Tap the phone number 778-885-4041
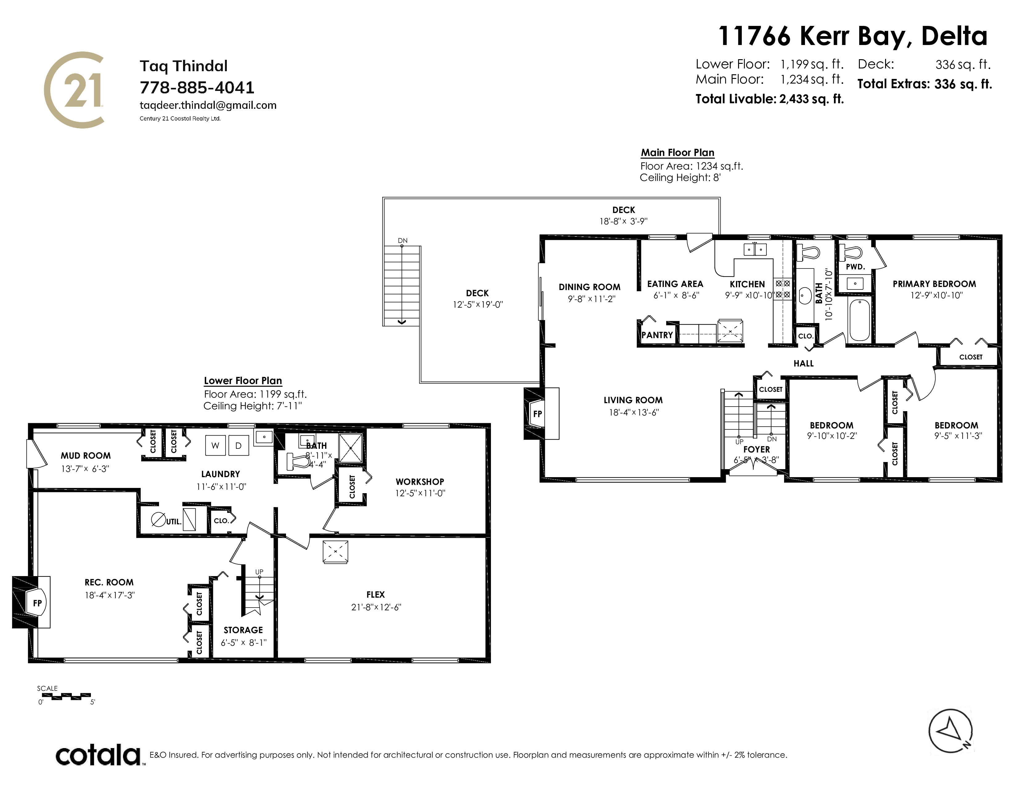[x=197, y=88]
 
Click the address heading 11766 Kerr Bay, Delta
[x=853, y=36]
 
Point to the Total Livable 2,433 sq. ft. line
[x=770, y=99]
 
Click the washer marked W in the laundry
[x=215, y=446]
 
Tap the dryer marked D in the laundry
[x=239, y=446]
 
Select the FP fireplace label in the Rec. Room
[x=37, y=603]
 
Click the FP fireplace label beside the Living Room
[x=537, y=413]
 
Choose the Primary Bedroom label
[x=934, y=284]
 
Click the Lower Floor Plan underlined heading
[x=243, y=381]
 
